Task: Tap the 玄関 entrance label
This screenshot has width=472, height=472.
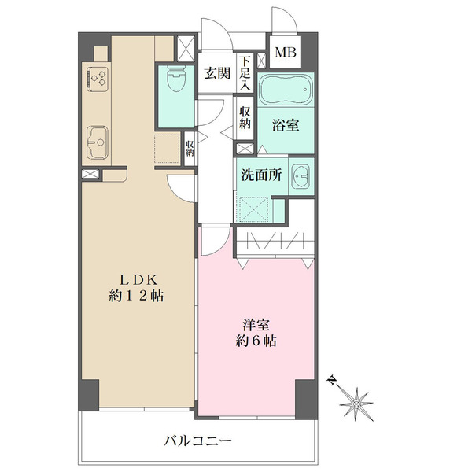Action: tap(216, 74)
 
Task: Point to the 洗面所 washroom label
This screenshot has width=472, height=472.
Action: tap(260, 175)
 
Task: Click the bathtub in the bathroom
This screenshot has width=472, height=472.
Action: tap(286, 92)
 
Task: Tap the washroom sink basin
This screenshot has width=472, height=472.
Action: tap(301, 175)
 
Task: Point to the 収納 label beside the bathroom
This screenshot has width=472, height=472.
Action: tap(245, 117)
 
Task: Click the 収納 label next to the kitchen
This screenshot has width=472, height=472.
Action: tap(190, 147)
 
